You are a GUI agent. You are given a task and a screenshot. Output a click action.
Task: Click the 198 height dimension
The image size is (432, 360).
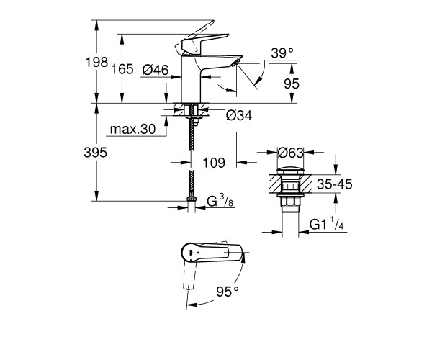(x=96, y=62)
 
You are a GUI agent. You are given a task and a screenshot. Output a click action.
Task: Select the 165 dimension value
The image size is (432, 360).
(x=122, y=69)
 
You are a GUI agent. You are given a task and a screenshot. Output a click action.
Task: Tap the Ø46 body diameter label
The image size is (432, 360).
(x=156, y=70)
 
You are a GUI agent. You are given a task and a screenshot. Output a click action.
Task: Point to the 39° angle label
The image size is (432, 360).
(x=282, y=53)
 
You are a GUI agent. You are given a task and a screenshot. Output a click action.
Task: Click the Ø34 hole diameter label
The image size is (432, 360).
(x=239, y=116)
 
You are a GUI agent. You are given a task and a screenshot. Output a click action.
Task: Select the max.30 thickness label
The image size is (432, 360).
(x=132, y=129)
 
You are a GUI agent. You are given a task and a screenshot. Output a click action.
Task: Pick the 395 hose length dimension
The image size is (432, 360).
(x=95, y=153)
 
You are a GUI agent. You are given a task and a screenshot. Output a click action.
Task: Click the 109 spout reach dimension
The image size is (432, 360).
(x=214, y=163)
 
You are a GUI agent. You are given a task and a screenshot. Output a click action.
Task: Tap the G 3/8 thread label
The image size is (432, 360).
(x=220, y=201)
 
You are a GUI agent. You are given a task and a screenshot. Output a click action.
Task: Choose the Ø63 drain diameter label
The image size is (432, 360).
(x=291, y=153)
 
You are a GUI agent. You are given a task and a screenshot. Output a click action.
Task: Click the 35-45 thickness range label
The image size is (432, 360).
(x=335, y=184)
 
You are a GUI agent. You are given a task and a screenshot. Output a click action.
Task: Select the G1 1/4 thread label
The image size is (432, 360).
(x=327, y=224)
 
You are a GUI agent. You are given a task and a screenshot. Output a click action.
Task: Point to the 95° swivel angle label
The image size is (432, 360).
(x=228, y=292)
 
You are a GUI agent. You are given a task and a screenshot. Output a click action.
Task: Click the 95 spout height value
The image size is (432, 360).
(x=292, y=84)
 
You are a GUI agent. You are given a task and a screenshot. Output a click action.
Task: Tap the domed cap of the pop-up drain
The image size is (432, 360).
(x=291, y=171)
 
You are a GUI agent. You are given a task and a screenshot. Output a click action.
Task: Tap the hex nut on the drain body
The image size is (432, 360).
(x=290, y=202)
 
